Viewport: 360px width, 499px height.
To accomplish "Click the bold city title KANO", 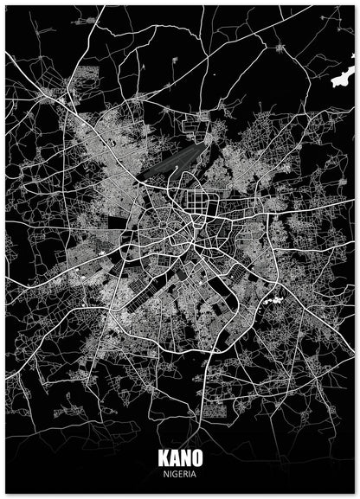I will pyautogui.click(x=179, y=459).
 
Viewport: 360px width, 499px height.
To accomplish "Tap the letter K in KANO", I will pyautogui.click(x=164, y=459).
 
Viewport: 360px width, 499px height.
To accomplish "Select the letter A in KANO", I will pyautogui.click(x=174, y=459).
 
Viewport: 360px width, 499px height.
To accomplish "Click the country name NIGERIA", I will pyautogui.click(x=179, y=473).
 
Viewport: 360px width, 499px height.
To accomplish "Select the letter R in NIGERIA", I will pyautogui.click(x=184, y=473).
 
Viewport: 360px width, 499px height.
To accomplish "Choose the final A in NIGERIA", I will pyautogui.click(x=193, y=473).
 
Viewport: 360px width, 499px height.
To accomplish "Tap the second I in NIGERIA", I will pyautogui.click(x=189, y=473).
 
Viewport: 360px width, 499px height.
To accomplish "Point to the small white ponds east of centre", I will pyautogui.click(x=275, y=300).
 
